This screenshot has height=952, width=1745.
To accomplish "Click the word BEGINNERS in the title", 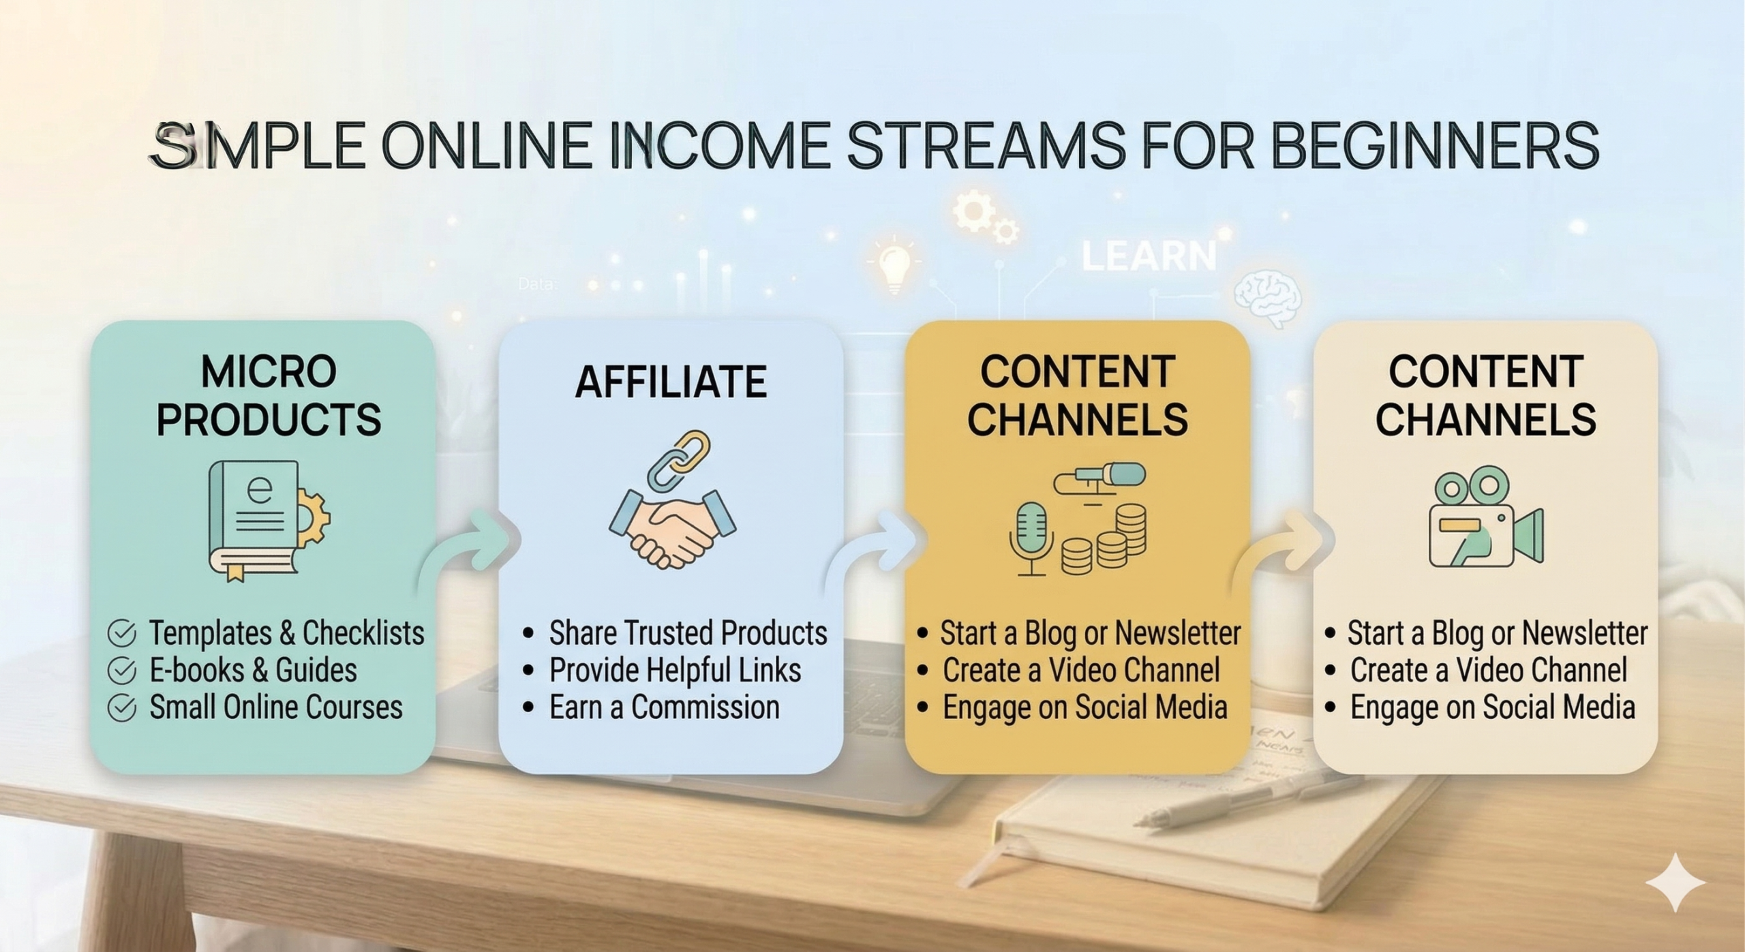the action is (1435, 145).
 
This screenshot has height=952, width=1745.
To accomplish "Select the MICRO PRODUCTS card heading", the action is (269, 395).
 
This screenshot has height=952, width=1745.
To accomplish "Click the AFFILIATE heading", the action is (671, 382).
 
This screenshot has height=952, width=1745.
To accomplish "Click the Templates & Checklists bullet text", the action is (286, 633).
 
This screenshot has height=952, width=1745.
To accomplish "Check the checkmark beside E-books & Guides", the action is (121, 671).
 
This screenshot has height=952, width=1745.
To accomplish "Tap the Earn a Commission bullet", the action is (665, 707).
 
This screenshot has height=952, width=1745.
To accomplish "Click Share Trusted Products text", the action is (688, 633).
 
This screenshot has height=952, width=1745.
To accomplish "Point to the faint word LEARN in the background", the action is (1149, 256).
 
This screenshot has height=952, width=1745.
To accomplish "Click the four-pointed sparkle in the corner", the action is (1675, 882).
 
